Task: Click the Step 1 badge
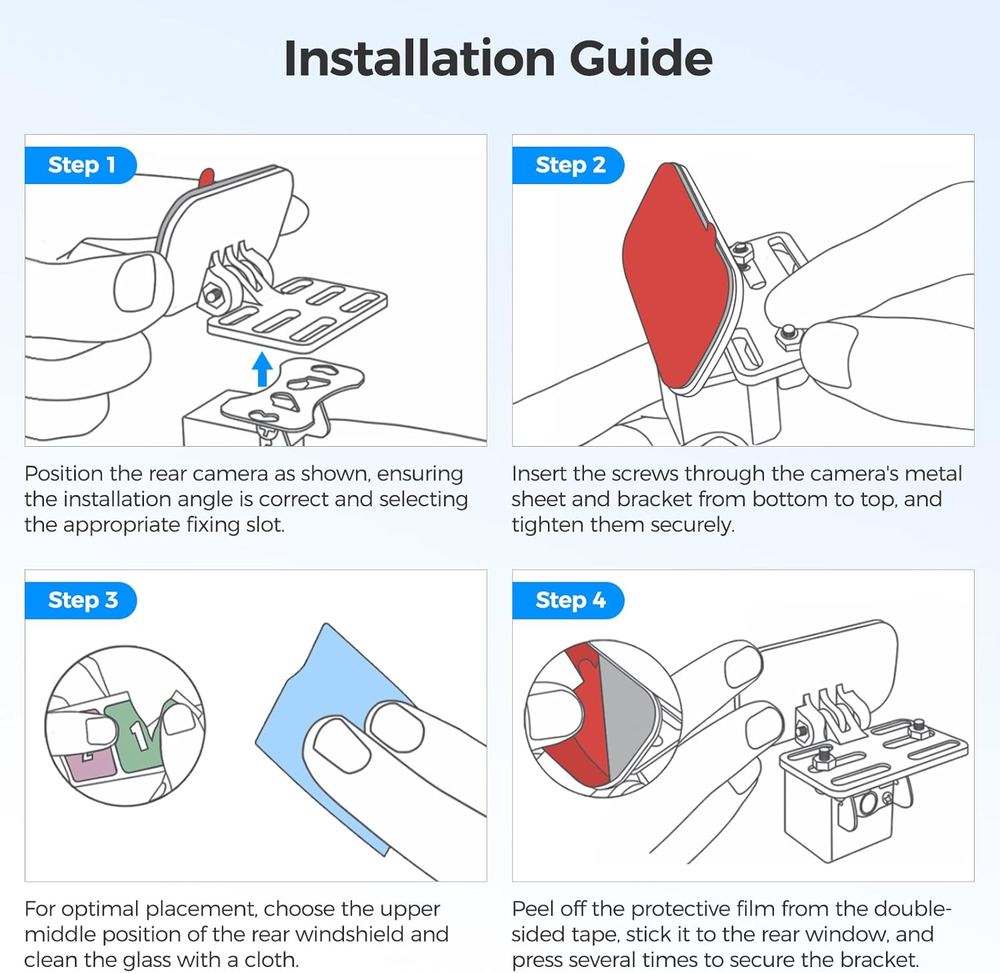81,165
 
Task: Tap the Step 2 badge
569,165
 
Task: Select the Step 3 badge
81,601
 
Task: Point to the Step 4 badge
569,601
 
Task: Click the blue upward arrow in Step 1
262,369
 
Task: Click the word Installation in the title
419,59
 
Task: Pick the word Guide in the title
641,59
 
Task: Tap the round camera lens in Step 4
869,804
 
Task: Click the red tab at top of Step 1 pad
207,177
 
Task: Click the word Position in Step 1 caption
64,474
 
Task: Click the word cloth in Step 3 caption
271,960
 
